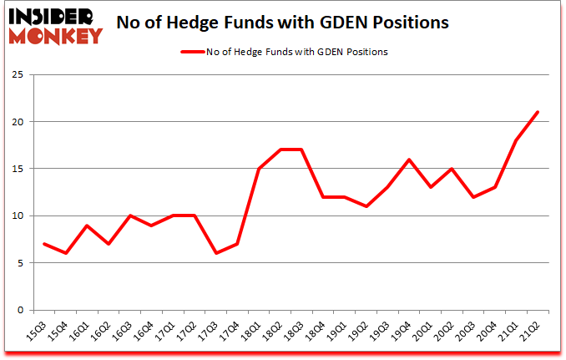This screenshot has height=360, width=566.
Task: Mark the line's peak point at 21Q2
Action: [538, 112]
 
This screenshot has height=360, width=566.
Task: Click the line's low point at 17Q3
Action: [217, 253]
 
